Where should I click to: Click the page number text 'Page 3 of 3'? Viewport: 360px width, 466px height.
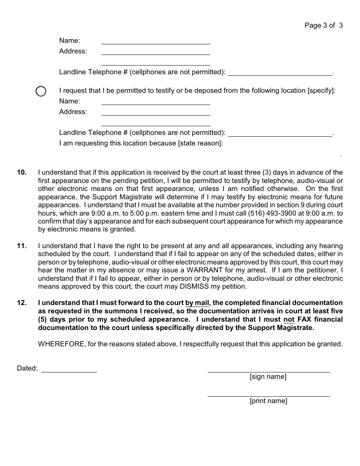(x=324, y=25)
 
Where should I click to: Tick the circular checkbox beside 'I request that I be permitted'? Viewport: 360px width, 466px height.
(x=41, y=91)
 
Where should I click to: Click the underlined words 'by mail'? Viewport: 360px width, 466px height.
(x=197, y=303)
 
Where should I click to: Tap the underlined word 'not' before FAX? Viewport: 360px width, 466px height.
(x=289, y=319)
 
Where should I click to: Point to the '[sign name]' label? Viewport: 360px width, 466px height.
(x=268, y=377)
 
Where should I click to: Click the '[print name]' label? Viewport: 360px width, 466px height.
(x=268, y=401)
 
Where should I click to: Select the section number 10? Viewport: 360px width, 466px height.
(x=22, y=172)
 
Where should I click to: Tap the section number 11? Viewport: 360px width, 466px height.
(x=22, y=246)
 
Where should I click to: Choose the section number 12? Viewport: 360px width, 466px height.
(x=22, y=303)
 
